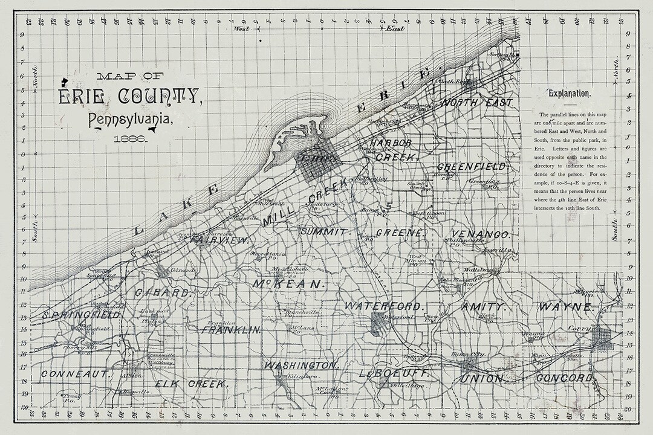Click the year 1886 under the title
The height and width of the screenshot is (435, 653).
131,138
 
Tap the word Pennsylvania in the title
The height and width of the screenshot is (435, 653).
132,120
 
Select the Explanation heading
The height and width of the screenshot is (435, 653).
570,94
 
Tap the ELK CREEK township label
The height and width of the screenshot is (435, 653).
190,384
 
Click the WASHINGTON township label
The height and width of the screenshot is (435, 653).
300,366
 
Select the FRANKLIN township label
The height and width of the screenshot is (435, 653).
232,330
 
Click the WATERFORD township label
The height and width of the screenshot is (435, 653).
383,306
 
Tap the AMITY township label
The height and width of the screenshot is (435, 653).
482,306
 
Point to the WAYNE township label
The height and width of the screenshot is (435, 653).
565,307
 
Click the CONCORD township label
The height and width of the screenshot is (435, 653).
564,378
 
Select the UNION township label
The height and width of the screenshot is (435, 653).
482,379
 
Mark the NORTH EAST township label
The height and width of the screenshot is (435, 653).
477,102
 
